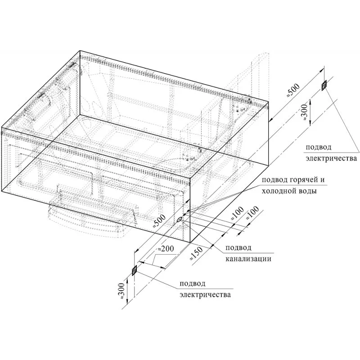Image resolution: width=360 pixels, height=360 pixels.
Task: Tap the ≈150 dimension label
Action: (196, 253)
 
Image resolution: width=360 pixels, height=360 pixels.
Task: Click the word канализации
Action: (248, 259)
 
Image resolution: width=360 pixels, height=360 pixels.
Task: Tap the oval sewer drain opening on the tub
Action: (179, 219)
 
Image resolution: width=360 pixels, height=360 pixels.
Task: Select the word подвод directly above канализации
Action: (238, 248)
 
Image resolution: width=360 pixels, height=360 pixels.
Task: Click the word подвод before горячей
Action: (273, 180)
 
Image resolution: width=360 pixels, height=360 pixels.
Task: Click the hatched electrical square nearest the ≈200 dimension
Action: (134, 270)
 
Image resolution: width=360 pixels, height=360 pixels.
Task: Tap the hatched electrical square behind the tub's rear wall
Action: (324, 85)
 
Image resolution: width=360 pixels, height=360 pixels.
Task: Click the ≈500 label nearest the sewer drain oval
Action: (160, 221)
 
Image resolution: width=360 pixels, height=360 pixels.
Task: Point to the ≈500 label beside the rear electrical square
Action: (294, 90)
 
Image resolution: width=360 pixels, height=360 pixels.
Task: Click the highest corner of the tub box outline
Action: (80, 50)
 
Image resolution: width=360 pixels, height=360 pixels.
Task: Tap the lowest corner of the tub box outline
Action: (190, 242)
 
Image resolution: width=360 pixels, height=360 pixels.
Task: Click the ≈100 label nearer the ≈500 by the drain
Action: (237, 213)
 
